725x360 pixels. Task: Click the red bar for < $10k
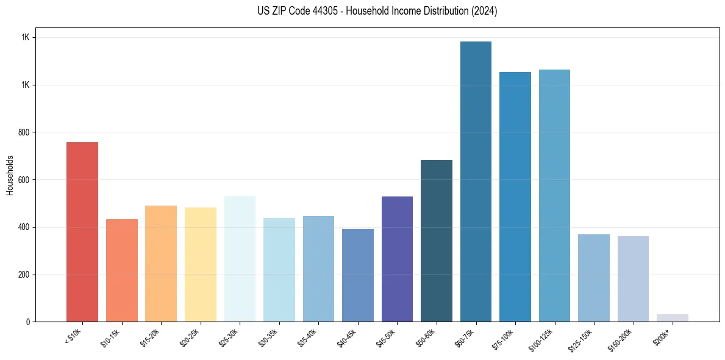82,232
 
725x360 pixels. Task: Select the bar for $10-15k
121,270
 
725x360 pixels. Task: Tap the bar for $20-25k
200,264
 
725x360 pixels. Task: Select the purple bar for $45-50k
397,259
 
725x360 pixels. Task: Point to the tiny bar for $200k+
672,318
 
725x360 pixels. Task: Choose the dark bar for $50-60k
436,240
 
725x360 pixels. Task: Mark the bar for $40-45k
357,275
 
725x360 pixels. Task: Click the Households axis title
10,175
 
